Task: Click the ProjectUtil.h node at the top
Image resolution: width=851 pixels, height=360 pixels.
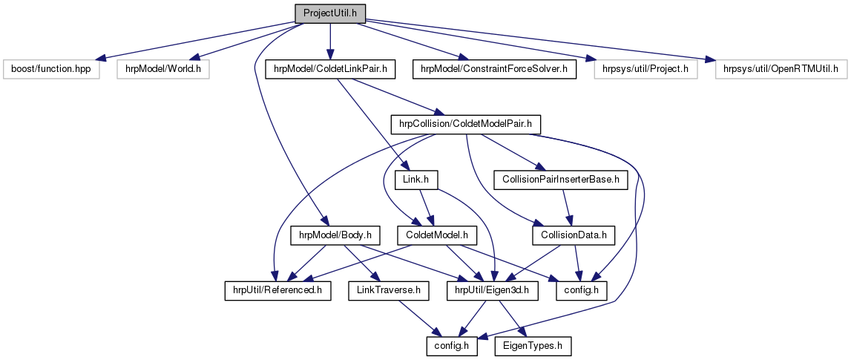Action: coord(330,13)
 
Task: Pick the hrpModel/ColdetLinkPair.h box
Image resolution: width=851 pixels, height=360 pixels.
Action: coord(329,69)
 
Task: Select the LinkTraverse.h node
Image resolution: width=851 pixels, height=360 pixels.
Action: coord(384,290)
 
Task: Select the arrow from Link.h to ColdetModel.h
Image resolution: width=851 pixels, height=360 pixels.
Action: coord(427,207)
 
